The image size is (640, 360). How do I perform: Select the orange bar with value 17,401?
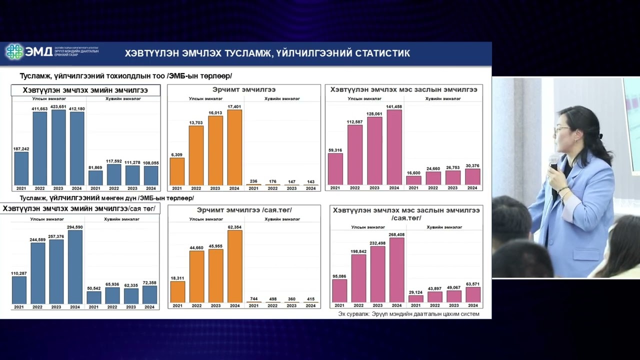click(x=234, y=147)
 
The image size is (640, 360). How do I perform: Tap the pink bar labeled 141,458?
click(x=394, y=147)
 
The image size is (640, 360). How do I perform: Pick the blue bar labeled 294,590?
click(x=74, y=267)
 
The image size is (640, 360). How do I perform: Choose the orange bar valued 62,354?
click(x=234, y=266)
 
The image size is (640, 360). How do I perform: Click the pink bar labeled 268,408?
click(x=396, y=270)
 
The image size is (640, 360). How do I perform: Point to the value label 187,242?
click(x=21, y=149)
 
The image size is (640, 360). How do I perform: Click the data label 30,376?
click(x=472, y=166)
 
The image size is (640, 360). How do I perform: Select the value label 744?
click(x=253, y=299)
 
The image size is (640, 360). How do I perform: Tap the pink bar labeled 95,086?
click(x=339, y=290)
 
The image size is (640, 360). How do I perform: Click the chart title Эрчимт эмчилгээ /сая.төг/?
click(x=244, y=210)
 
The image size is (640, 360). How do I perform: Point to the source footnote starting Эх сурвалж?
click(x=408, y=314)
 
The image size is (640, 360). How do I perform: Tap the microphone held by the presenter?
click(x=553, y=163)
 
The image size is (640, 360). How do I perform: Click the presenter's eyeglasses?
click(x=561, y=130)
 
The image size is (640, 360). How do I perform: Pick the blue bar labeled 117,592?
click(x=114, y=174)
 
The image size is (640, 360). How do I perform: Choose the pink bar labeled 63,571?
click(x=472, y=294)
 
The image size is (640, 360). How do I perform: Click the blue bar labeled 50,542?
click(x=93, y=297)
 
